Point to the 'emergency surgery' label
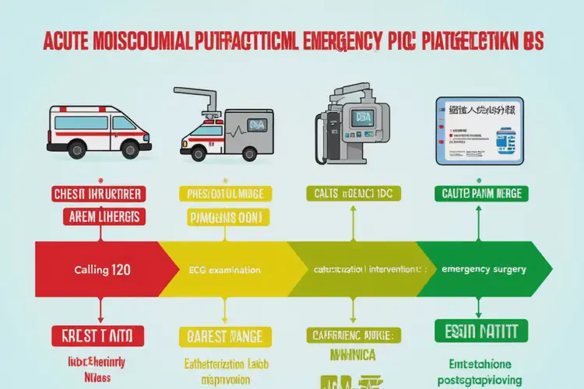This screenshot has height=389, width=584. pos(483,269)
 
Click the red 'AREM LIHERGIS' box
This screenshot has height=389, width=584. pos(101,216)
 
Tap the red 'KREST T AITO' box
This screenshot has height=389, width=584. pos(99,335)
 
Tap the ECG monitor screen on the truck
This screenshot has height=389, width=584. pos(257,124)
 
